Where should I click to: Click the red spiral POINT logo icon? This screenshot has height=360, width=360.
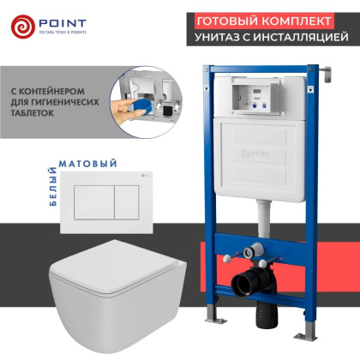tap(25, 27)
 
